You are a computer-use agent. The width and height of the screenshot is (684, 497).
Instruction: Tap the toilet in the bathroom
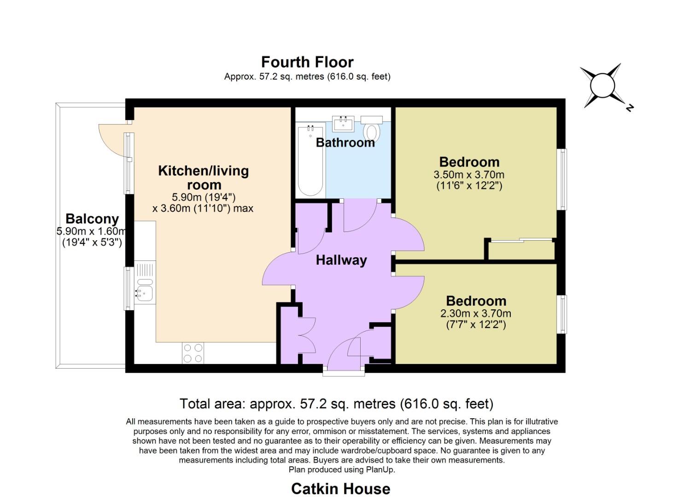click(x=371, y=128)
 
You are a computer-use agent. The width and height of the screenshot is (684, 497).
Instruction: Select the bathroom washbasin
click(x=343, y=123)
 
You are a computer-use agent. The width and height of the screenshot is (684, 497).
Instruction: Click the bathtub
click(x=310, y=160)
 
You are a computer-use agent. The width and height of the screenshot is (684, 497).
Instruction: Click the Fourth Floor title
click(x=307, y=62)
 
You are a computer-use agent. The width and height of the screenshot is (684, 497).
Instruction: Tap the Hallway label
click(x=341, y=260)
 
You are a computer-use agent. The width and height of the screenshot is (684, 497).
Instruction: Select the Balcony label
click(x=92, y=219)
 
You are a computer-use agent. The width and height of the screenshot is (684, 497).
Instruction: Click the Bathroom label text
click(x=345, y=143)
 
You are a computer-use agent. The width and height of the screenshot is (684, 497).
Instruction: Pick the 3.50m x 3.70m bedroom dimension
click(x=469, y=175)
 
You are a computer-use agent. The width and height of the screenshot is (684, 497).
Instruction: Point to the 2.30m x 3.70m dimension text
click(x=476, y=313)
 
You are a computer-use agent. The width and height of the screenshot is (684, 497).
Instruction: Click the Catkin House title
click(x=341, y=489)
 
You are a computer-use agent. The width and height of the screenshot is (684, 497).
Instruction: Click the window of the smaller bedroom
click(x=563, y=314)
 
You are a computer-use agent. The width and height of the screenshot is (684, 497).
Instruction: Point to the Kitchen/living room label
click(x=204, y=178)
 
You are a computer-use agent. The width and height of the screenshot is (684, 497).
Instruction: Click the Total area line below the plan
click(x=337, y=404)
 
